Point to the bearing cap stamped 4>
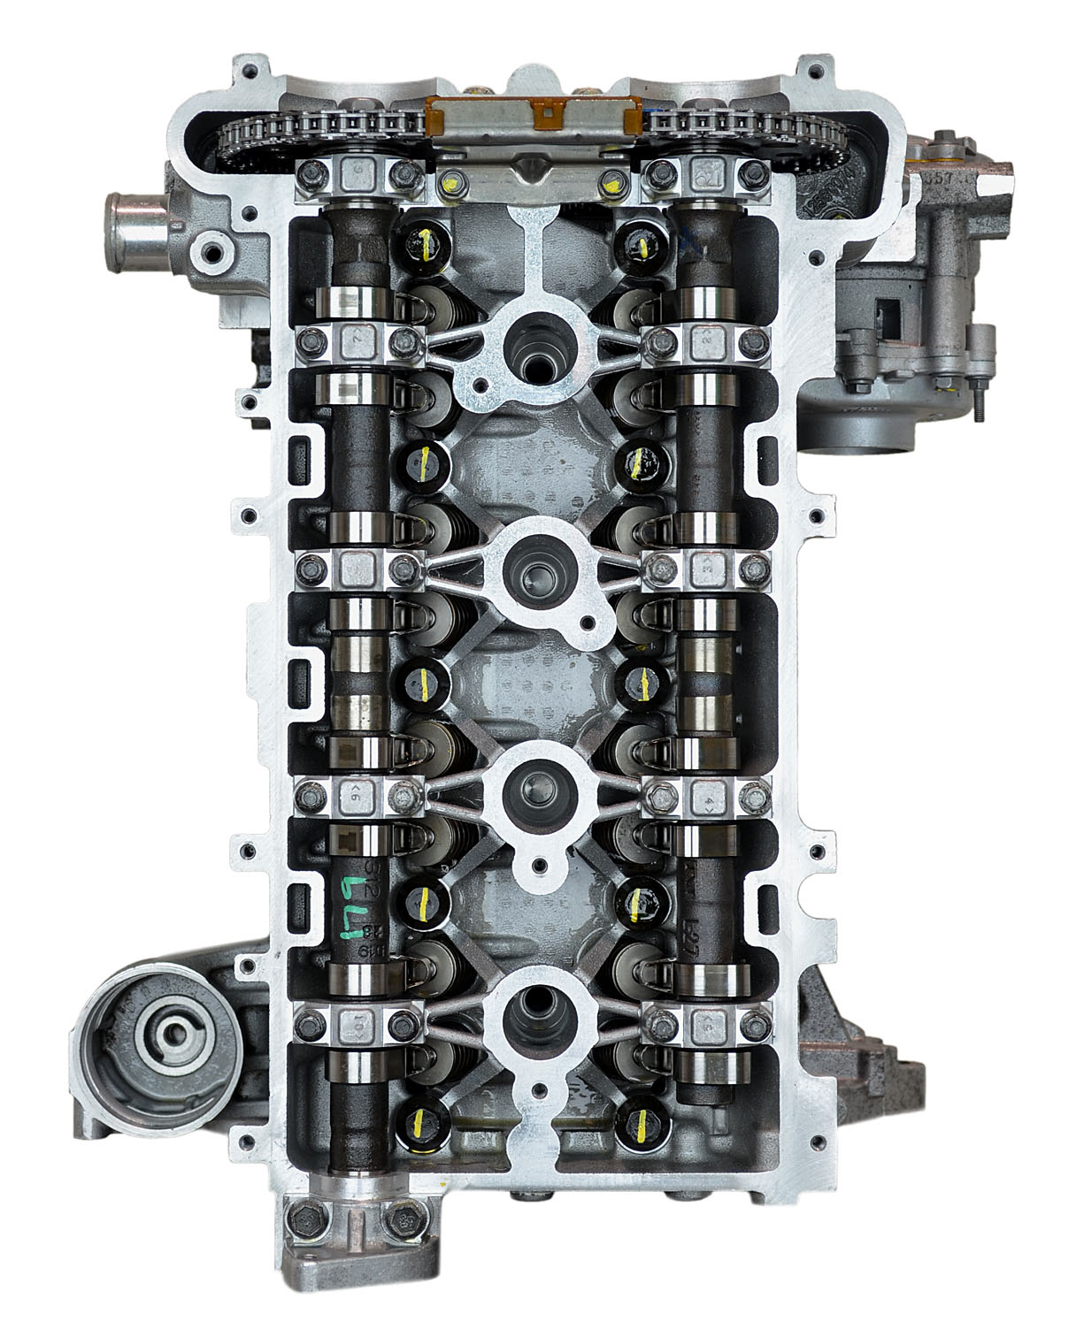(x=706, y=793)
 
